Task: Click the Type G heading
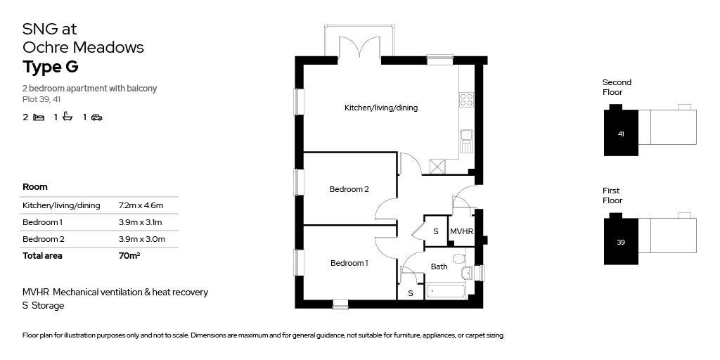[50, 67]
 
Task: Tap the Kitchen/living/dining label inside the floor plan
[380, 108]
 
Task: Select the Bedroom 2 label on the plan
[349, 189]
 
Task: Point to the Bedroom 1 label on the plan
[349, 263]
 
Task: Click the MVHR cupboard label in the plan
[461, 231]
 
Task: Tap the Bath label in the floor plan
[439, 266]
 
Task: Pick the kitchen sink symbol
[466, 140]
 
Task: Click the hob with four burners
[466, 100]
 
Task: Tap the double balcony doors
[361, 49]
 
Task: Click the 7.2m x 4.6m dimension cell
[141, 205]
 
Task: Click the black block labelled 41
[621, 133]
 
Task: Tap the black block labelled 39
[621, 242]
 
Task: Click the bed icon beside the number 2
[39, 117]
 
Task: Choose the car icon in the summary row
[97, 117]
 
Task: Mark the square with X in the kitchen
[438, 167]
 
